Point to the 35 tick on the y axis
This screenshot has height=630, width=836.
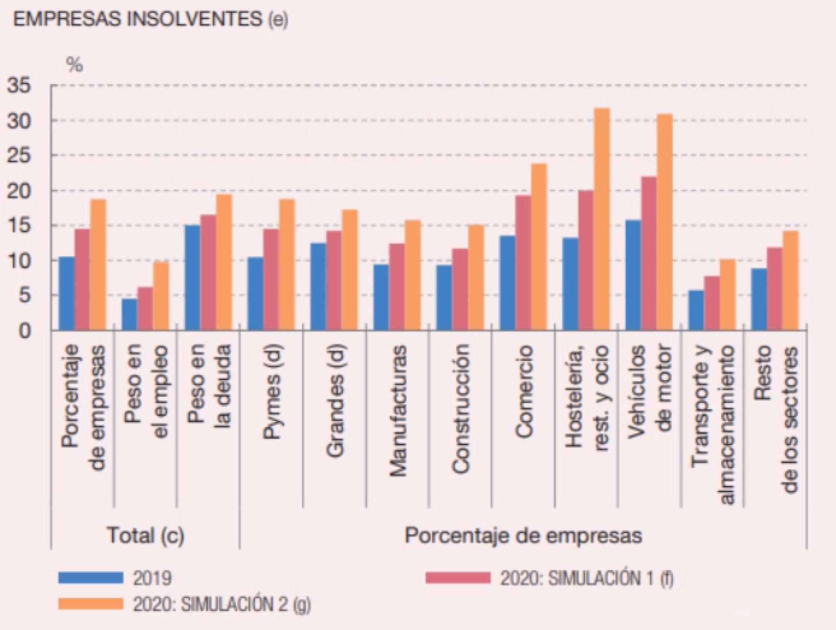(19, 86)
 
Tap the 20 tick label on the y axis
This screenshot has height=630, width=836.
(19, 191)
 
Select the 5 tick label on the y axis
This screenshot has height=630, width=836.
(24, 296)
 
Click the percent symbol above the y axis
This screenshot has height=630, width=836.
(74, 64)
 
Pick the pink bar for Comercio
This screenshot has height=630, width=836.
(522, 263)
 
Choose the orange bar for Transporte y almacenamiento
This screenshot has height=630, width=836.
(727, 295)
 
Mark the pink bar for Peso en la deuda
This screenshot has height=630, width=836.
(208, 273)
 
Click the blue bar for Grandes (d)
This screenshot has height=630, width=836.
(318, 286)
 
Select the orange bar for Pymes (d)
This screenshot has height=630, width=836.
(287, 265)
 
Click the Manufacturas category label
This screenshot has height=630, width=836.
(398, 411)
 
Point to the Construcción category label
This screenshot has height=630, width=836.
(461, 409)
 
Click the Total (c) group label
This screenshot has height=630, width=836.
(146, 535)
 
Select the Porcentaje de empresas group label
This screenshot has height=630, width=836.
(523, 535)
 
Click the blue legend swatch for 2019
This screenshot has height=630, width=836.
(91, 578)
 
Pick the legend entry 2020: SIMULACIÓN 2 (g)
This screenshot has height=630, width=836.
(221, 604)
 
